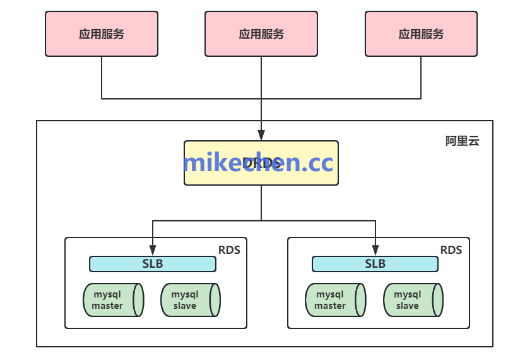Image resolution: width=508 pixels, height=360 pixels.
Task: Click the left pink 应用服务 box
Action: pyautogui.click(x=101, y=33)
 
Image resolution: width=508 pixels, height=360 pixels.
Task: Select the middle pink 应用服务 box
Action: pyautogui.click(x=261, y=33)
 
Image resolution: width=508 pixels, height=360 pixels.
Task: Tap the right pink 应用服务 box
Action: pyautogui.click(x=421, y=33)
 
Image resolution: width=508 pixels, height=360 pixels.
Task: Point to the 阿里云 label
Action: pyautogui.click(x=463, y=141)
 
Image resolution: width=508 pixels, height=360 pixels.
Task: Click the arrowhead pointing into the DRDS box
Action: pyautogui.click(x=261, y=135)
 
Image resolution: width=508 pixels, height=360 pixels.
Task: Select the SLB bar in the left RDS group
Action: pyautogui.click(x=153, y=264)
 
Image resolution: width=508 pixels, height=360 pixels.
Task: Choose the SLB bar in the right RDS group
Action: pyautogui.click(x=375, y=264)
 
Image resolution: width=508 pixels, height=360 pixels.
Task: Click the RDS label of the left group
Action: pyautogui.click(x=229, y=249)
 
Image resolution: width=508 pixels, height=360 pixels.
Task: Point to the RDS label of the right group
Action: pyautogui.click(x=451, y=249)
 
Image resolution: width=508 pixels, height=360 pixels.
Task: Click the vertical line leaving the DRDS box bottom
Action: pyautogui.click(x=261, y=202)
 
